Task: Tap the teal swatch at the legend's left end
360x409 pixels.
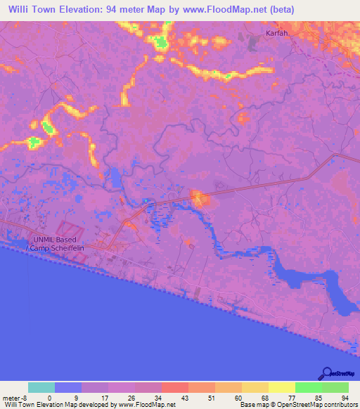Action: coord(41,387)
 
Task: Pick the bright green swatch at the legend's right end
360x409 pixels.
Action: coord(335,387)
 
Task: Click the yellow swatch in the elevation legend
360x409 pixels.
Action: coord(281,387)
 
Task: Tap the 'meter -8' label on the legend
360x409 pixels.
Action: coord(15,398)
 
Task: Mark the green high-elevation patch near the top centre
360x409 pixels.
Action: coord(162,42)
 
